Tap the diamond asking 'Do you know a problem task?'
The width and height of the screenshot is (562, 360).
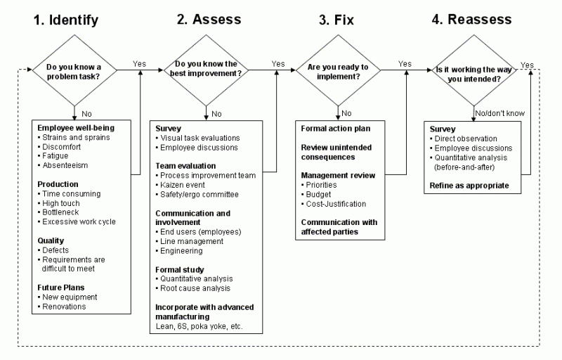74,72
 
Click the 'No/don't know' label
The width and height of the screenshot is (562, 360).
499,112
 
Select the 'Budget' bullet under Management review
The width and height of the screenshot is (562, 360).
322,193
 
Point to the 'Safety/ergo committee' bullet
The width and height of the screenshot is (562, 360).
200,195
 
